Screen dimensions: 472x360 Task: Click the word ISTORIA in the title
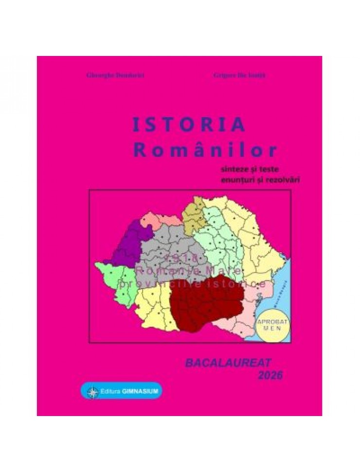point(189,125)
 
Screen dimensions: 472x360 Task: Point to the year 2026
point(270,375)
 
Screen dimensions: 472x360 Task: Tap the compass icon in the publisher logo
point(92,391)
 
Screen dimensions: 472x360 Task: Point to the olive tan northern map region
point(194,217)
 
